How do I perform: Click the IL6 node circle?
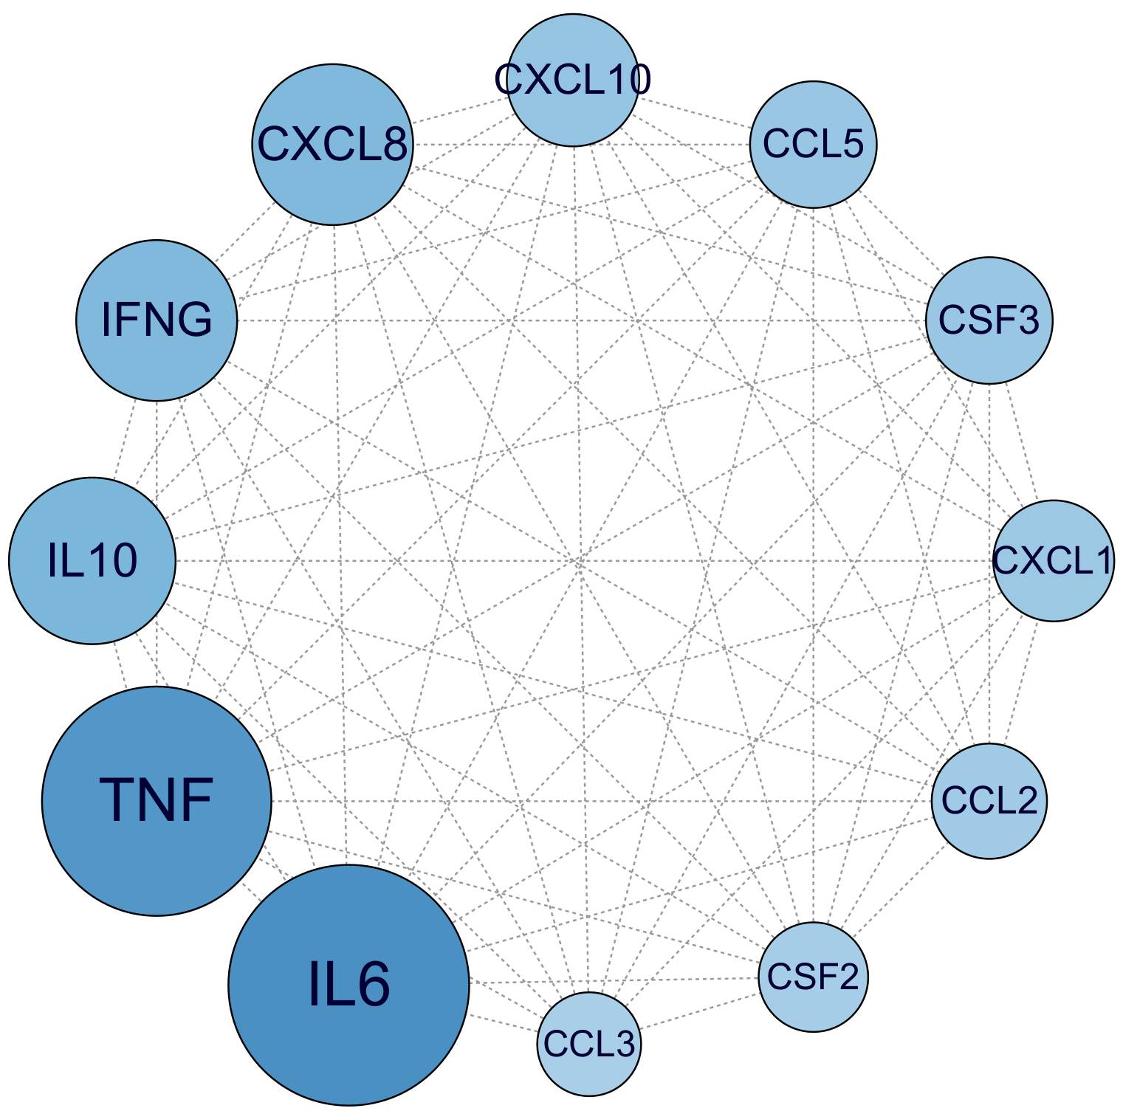(x=348, y=985)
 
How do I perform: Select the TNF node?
(x=157, y=801)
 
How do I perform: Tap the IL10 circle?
(x=92, y=560)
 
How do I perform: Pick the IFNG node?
(x=157, y=320)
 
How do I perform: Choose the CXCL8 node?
(x=332, y=145)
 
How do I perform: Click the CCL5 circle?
(x=813, y=145)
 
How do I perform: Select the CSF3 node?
(x=989, y=320)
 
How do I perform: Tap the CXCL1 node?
(x=1054, y=560)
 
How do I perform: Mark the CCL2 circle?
(x=989, y=801)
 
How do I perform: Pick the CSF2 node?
(x=813, y=977)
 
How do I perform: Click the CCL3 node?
(x=588, y=1043)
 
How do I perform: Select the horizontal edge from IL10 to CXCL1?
(x=583, y=561)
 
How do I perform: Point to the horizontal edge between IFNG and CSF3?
(x=583, y=320)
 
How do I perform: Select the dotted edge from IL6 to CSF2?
(x=613, y=980)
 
